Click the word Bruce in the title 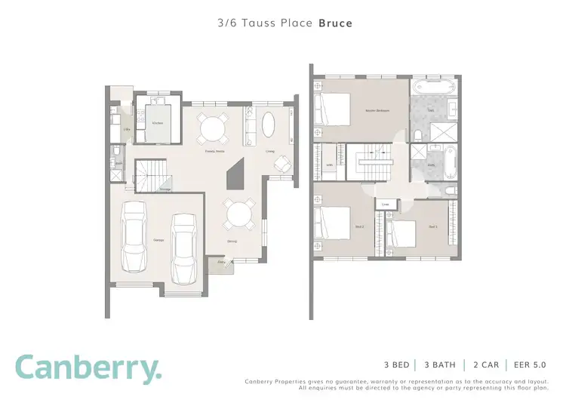coord(335,23)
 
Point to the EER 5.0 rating coord(531,364)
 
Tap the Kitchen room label coord(158,122)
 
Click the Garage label coord(158,240)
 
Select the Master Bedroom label coord(377,111)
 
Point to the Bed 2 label coord(360,226)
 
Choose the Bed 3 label coord(432,226)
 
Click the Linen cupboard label coord(384,204)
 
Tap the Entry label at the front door coord(222,262)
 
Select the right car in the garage coord(184,248)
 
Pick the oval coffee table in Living coord(268,125)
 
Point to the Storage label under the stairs coord(165,189)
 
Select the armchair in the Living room coord(281,163)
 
